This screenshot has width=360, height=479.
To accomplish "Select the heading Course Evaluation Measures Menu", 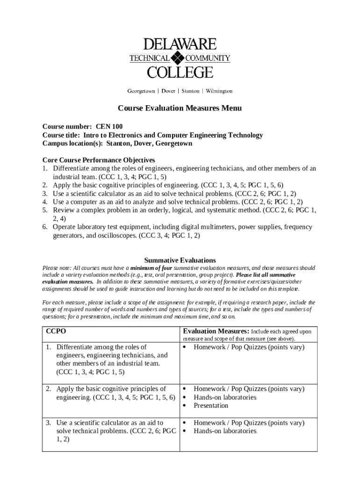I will tap(180, 109).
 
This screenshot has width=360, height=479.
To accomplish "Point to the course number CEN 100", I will tap(109, 126).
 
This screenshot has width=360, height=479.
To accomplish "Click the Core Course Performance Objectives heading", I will tap(99, 160).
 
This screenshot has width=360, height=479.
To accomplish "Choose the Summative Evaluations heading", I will tap(180, 260).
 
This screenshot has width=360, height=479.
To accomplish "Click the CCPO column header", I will tap(56, 331).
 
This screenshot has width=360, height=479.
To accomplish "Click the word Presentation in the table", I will tap(211, 406).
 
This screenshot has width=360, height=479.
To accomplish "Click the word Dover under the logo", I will tap(168, 91).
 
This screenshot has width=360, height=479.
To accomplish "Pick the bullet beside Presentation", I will tap(185, 406).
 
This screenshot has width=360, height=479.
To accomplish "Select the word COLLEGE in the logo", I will tap(180, 72).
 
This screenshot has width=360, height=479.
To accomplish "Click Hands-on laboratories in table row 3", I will tap(225, 431).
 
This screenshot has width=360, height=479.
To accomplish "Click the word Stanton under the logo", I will tap(190, 91).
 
